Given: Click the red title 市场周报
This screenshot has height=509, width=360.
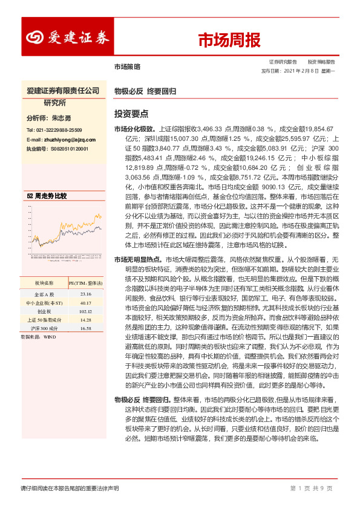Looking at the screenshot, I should [229, 41].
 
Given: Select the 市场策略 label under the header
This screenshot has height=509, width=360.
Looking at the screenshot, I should [126, 66].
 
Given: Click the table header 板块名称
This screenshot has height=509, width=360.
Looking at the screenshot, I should [44, 282].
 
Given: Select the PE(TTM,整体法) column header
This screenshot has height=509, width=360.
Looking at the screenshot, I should [85, 282].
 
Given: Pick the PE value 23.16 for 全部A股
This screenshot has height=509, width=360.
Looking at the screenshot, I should [85, 294].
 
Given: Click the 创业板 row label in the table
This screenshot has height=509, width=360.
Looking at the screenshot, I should [44, 311].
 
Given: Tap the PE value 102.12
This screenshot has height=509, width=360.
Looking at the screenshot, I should [85, 311].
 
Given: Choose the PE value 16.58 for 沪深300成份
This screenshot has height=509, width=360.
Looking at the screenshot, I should [85, 328].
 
